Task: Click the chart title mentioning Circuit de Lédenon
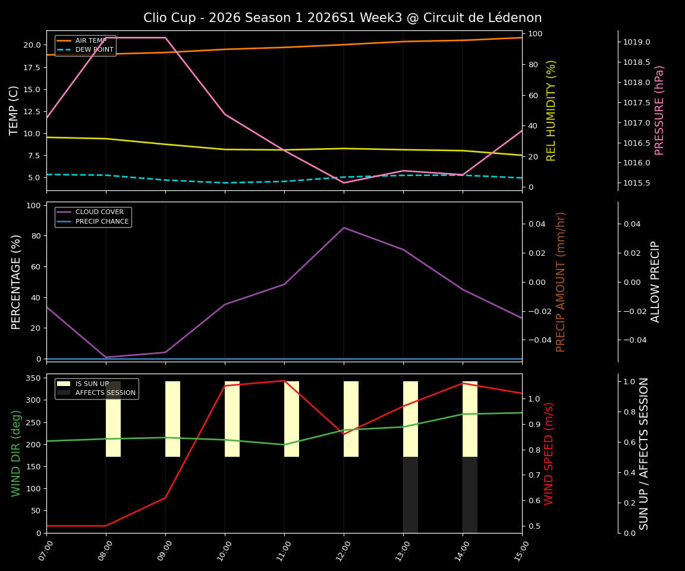342,18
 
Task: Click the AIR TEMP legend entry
91,40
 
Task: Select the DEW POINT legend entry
94,49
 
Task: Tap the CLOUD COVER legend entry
99,212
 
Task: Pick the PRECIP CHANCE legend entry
102,221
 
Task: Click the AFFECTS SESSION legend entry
105,393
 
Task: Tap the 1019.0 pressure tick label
637,42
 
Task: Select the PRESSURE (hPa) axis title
659,110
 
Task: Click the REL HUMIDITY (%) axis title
552,110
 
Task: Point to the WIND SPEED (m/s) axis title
549,453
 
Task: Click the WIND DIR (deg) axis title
16,453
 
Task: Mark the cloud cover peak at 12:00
344,228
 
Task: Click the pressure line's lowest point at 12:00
344,183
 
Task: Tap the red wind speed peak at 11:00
284,381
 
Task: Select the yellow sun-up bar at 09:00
172,419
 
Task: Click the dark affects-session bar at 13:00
410,495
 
